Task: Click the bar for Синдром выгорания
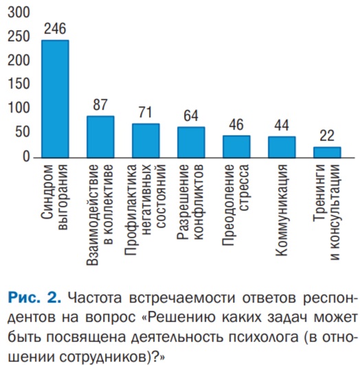coord(55,99)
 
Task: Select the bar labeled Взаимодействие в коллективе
coord(100,137)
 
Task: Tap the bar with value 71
coord(146,141)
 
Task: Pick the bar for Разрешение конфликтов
coord(191,142)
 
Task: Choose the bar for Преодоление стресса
coord(236,147)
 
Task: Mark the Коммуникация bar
coord(282,147)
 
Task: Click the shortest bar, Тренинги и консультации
coord(327,152)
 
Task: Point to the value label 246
coord(55,29)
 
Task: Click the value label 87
coord(100,104)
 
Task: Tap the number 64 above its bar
coord(191,115)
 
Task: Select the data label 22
coord(327,136)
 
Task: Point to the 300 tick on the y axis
coord(19,12)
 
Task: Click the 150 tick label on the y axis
coord(19,84)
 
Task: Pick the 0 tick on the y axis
coord(26,156)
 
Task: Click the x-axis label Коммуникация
coord(281,210)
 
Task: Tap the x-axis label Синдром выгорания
coord(54,197)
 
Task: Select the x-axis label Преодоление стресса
coord(235,205)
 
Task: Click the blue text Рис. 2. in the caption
coord(34,298)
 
